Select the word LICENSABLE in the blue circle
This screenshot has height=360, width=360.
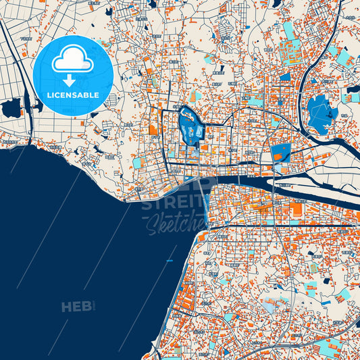(72, 96)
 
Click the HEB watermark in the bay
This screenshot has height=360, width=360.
(76, 307)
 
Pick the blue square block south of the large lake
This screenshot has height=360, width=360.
(280, 153)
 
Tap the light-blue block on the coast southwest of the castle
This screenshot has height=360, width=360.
(138, 163)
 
